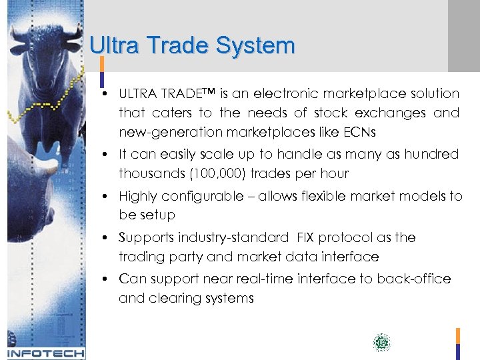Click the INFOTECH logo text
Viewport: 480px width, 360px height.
pyautogui.click(x=45, y=353)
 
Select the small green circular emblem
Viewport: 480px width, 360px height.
pyautogui.click(x=382, y=343)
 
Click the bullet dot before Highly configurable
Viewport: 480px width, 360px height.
pyautogui.click(x=107, y=196)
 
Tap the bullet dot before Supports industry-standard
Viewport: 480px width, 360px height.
pyautogui.click(x=107, y=237)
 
